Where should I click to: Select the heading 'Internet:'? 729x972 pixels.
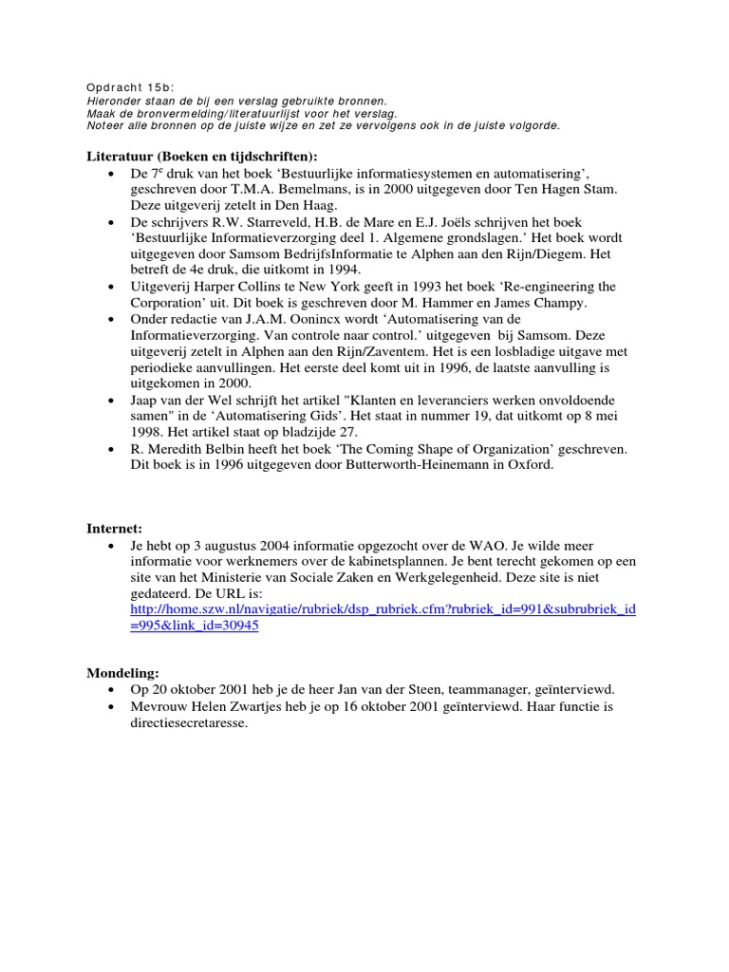coord(111,527)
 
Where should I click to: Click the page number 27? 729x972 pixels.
coord(346,430)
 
